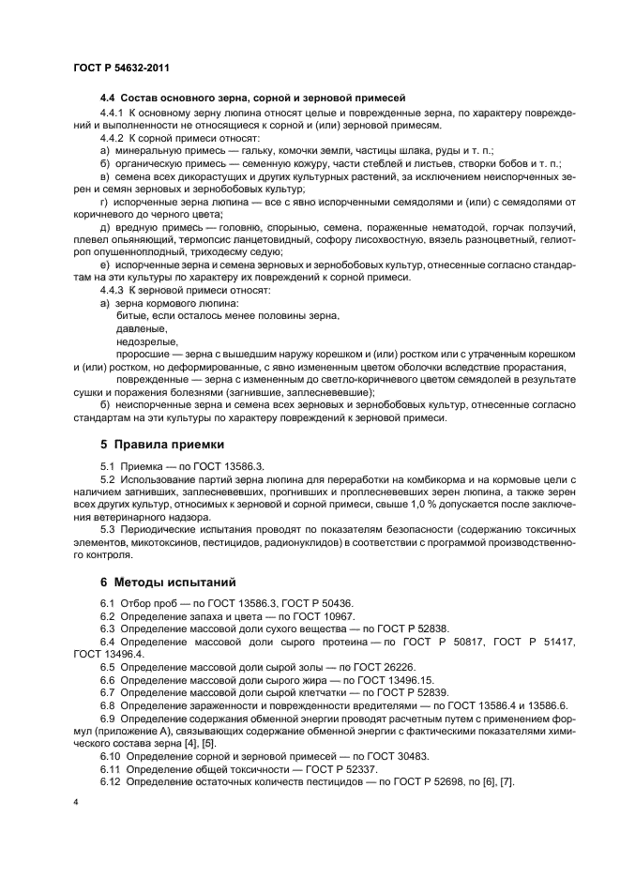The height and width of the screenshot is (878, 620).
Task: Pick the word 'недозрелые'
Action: pos(140,342)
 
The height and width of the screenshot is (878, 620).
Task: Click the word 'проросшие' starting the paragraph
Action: pos(140,355)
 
